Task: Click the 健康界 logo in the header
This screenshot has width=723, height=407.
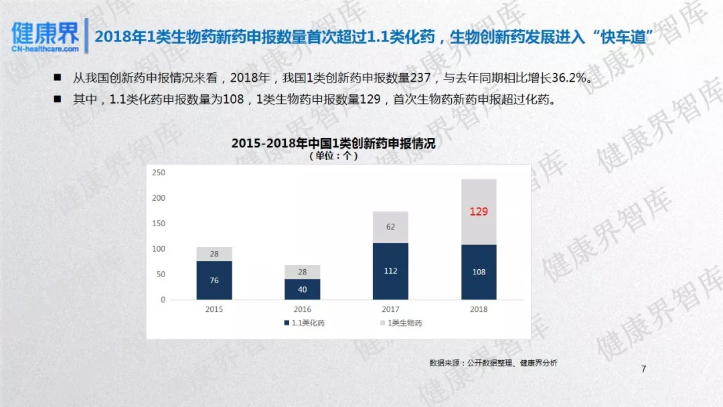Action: coord(45,37)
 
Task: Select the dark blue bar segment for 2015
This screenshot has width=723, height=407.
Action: coord(214,280)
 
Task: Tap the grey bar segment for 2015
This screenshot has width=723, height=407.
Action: coord(214,254)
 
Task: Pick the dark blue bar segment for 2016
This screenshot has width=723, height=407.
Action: coord(302,289)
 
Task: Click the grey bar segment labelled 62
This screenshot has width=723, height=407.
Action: coord(390,227)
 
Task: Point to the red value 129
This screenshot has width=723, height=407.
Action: coord(479,212)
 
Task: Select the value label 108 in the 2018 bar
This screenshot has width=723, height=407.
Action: coord(479,272)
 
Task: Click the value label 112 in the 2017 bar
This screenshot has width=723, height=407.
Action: coord(390,271)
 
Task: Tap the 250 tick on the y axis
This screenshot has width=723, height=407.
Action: coord(159,173)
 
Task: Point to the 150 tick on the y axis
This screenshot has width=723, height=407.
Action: coord(159,224)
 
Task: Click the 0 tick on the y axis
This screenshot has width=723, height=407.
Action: coord(163,300)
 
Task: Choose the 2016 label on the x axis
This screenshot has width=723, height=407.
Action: coord(302,309)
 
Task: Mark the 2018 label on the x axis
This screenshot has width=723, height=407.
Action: coord(479,309)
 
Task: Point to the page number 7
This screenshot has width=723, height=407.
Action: coord(643,370)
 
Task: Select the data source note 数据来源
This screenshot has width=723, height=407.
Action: coord(493,363)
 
